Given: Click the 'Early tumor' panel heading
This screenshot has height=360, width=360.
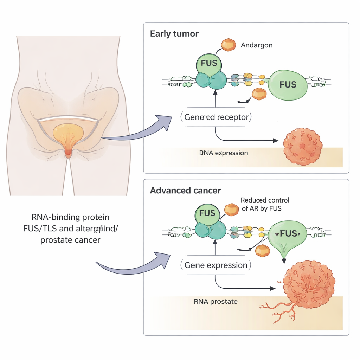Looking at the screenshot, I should coord(174,34).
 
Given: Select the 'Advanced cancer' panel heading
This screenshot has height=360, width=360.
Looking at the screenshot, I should coord(185,191).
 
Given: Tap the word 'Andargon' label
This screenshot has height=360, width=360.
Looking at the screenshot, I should coord(257,45).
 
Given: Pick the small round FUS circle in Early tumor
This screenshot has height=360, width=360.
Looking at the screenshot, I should coord(208,64).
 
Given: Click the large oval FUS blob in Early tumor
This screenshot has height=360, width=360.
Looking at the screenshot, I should coord(288,84).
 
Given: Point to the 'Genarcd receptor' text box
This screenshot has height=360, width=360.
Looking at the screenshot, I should coord(216,117).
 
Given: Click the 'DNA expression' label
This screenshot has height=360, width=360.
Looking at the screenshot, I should coord(224,153).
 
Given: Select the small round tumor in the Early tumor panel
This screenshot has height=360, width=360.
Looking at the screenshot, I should coord(302,147).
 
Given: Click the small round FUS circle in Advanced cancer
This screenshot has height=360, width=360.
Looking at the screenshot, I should coord(207,213).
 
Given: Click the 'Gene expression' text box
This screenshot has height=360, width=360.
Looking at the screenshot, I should coord(216,265).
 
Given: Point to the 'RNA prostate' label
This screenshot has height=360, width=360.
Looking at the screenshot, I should coord(216,301).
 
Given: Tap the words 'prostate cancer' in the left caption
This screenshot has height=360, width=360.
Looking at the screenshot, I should coord(70,240).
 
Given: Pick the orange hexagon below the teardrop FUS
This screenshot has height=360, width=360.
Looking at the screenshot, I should coord(262,250).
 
